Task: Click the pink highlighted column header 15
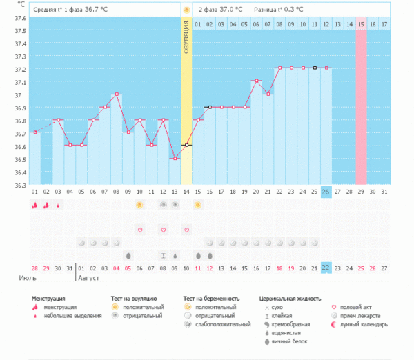[x=361, y=25]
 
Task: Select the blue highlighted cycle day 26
[x=326, y=191]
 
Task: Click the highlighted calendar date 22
[x=326, y=268]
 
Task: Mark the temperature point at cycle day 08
[x=116, y=94]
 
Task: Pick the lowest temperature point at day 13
[x=175, y=159]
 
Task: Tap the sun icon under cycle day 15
[x=198, y=205]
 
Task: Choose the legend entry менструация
[x=59, y=307]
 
